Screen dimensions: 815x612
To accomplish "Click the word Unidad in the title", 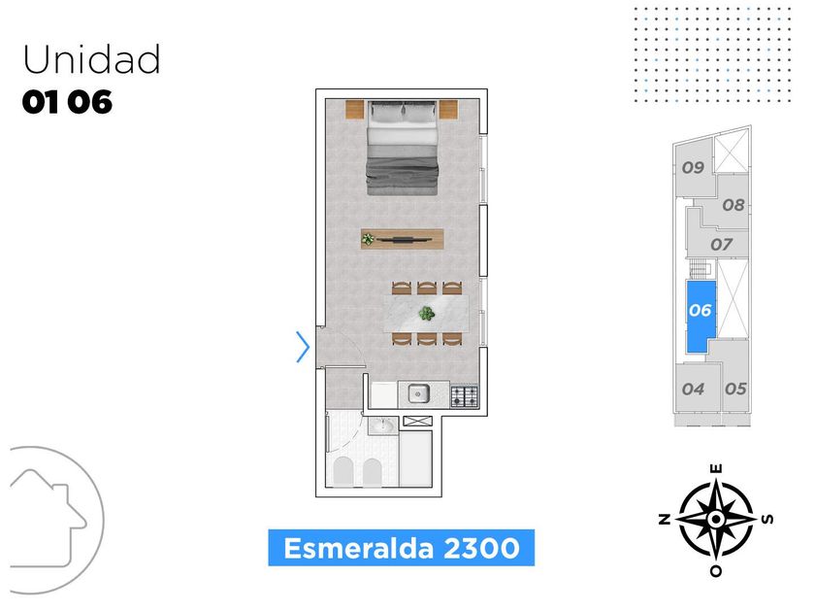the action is (91, 60).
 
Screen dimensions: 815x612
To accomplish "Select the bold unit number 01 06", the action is (67, 102).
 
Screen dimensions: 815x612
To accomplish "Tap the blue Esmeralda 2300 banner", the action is (401, 548).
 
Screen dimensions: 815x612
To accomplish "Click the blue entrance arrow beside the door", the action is (303, 346).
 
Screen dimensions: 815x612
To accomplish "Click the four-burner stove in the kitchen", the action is (465, 395).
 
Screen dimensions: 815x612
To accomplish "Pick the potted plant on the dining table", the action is (426, 313).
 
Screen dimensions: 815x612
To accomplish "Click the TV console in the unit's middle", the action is (402, 238).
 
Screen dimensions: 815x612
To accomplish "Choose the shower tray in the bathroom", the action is (416, 461).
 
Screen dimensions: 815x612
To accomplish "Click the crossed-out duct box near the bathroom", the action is (416, 421).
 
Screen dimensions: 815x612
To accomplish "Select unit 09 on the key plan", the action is (692, 167).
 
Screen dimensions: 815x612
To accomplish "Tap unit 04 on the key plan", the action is (693, 389).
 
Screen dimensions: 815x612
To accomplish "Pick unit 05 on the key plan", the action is (735, 389).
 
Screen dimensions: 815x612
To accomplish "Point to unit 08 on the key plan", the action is (733, 205).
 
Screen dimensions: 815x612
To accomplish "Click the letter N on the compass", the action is (665, 520).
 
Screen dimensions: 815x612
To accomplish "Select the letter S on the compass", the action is (768, 519).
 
